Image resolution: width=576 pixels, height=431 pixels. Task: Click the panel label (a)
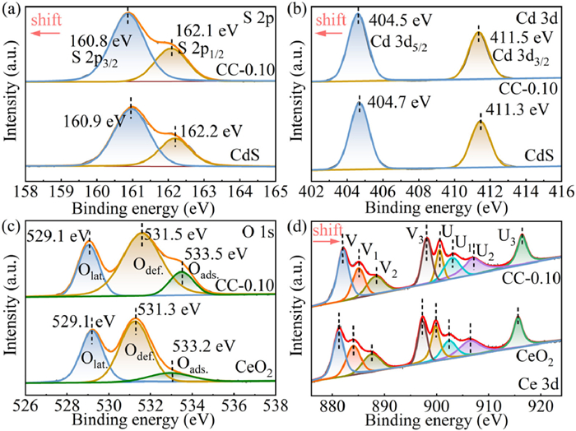click(x=13, y=10)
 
